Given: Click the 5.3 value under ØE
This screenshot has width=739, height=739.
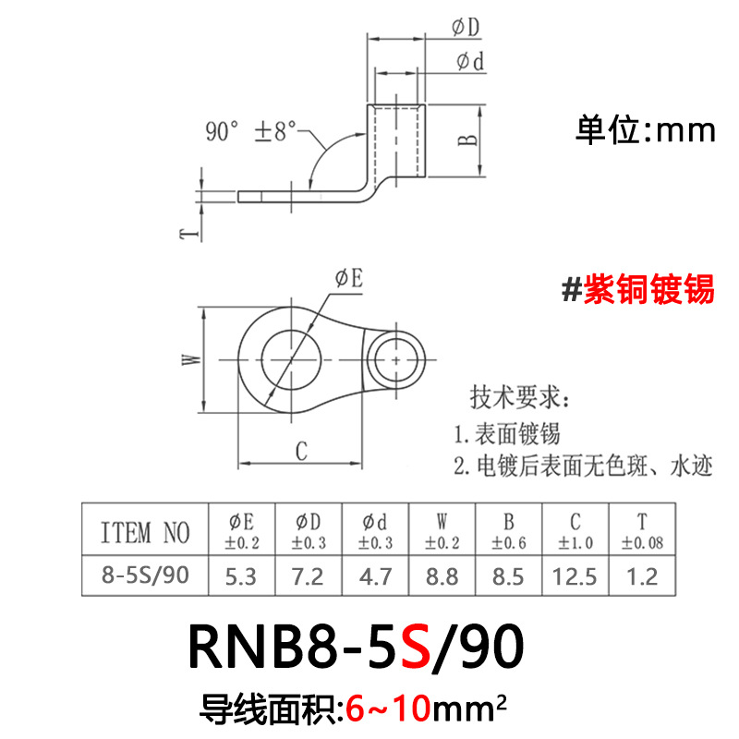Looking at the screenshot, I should coord(242,576).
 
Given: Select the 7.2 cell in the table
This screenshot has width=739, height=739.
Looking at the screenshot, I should coord(308,576).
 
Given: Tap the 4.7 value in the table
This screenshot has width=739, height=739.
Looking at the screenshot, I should coord(375,576).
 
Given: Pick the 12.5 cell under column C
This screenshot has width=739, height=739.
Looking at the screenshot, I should coord(576,576).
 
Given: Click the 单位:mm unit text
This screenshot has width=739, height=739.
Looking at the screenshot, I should coord(646,130).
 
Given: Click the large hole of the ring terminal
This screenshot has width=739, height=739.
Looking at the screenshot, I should coord(291,357).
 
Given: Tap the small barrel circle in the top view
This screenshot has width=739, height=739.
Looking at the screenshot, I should coord(397,357).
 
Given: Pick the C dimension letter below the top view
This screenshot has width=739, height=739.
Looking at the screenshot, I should coord(301,451).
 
